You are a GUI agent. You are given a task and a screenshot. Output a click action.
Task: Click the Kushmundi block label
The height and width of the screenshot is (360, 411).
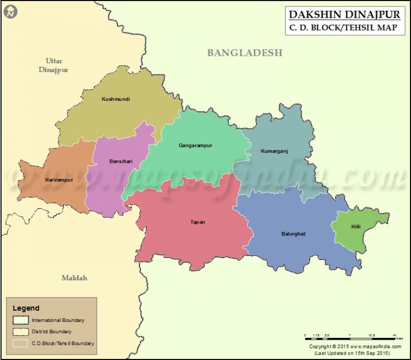116,99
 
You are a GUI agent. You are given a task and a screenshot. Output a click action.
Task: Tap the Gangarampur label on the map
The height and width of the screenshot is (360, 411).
195,145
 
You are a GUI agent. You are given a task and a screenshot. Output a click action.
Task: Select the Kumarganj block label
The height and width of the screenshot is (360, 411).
274,151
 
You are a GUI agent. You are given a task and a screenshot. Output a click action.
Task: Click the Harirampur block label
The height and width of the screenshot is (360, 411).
59,179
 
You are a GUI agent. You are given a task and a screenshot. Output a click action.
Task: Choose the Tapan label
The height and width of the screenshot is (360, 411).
197,222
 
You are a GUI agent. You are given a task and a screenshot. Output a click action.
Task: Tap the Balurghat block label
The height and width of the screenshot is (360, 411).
293,234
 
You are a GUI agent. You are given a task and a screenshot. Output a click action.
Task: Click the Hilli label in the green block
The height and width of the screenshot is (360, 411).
356,227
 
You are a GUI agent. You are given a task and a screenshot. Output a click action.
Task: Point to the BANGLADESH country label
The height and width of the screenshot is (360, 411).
245,52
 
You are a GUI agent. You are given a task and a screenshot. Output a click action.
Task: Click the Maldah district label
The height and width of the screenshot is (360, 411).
74,277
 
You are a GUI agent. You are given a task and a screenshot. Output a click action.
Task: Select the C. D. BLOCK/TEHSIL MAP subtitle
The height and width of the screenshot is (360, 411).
344,28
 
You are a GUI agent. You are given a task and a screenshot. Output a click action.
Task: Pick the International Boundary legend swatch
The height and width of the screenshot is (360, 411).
21,320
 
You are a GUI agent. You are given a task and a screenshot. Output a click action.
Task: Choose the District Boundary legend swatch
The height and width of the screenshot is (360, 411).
21,332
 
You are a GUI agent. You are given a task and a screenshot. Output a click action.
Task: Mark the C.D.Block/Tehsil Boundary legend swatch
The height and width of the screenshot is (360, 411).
21,343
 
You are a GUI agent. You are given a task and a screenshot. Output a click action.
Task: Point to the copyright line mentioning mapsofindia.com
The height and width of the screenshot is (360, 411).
355,347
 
